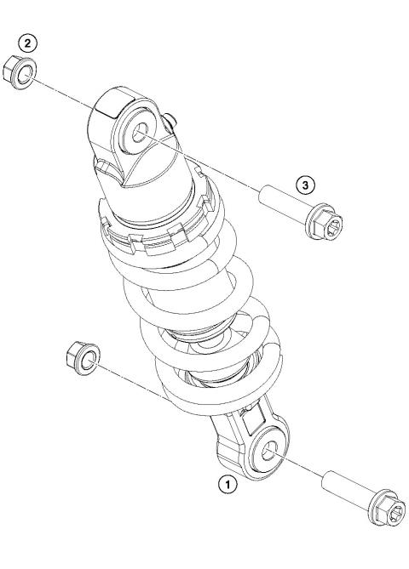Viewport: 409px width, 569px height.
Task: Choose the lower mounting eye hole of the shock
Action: (x=271, y=452)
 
